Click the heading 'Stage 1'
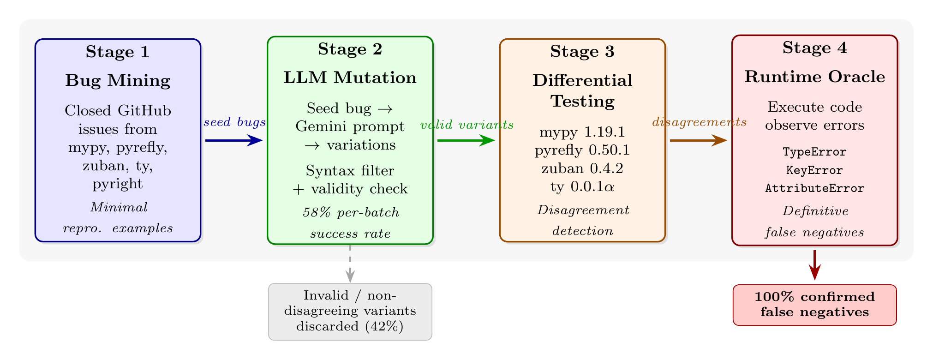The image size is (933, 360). [118, 52]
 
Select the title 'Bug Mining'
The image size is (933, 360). [118, 81]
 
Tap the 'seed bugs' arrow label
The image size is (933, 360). [234, 122]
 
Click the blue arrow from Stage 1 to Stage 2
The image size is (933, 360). [233, 140]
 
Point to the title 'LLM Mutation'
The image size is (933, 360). [350, 78]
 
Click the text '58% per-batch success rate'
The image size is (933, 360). [350, 223]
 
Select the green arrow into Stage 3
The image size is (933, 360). [466, 140]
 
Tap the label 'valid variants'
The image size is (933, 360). [467, 125]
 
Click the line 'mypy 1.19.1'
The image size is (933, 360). [582, 132]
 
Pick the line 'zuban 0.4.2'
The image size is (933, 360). [582, 168]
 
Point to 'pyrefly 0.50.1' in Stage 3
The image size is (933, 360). [582, 150]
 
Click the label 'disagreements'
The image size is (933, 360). [699, 122]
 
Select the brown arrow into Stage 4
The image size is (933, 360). [698, 140]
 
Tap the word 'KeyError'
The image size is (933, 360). [814, 170]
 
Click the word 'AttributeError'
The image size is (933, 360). [814, 188]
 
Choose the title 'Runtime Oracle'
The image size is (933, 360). [814, 77]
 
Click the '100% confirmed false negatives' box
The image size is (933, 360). [814, 305]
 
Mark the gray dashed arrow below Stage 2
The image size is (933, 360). [350, 262]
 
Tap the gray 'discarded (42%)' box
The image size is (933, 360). [350, 312]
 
